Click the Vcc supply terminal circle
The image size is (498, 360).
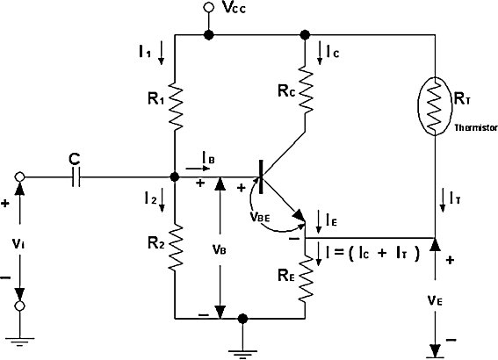[x=209, y=7]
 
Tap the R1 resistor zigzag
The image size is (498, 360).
[x=175, y=105]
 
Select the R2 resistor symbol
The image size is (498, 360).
[x=175, y=247]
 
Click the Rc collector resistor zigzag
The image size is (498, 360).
[x=306, y=90]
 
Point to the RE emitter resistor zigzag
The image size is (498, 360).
[x=306, y=278]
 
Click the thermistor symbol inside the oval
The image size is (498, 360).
[x=435, y=106]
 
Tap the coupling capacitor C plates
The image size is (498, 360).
[x=76, y=176]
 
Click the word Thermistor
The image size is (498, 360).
[x=476, y=128]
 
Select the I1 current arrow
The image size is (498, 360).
[x=162, y=53]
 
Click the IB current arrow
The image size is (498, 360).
[x=198, y=169]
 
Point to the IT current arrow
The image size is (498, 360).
[x=442, y=200]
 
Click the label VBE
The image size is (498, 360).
[x=259, y=217]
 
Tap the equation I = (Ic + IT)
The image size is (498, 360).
[x=372, y=253]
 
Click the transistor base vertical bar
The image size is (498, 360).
[x=261, y=176]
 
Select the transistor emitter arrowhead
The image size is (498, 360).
[x=300, y=216]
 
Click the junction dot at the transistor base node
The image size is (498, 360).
[x=175, y=176]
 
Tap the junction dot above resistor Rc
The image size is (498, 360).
[x=305, y=34]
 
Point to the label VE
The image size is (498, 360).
[x=435, y=300]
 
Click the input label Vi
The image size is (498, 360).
[x=18, y=244]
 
